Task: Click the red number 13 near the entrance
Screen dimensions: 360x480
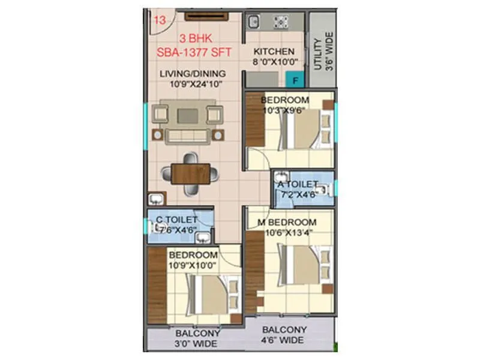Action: [160, 20]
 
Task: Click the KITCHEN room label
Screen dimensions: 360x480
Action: [274, 52]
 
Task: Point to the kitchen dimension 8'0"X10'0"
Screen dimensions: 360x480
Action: [274, 62]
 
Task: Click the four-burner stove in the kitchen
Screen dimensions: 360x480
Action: [280, 22]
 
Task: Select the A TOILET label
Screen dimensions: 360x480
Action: [297, 185]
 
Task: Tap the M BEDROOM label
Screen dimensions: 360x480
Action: [286, 223]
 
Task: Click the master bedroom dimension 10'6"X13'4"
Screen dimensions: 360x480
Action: [286, 233]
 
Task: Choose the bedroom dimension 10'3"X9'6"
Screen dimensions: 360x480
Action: [286, 110]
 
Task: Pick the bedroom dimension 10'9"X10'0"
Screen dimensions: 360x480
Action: [193, 265]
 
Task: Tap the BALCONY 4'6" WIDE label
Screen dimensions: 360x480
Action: [284, 335]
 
